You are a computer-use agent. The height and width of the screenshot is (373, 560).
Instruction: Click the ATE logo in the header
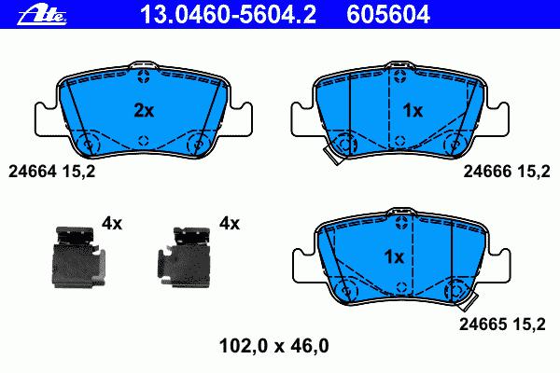pyautogui.click(x=42, y=15)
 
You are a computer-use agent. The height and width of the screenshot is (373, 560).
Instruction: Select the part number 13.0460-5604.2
pyautogui.click(x=228, y=15)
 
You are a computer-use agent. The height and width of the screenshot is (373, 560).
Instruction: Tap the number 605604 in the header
pyautogui.click(x=388, y=15)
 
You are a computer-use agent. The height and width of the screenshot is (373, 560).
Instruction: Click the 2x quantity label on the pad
pyautogui.click(x=144, y=111)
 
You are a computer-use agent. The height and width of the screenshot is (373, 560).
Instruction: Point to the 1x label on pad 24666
pyautogui.click(x=413, y=111)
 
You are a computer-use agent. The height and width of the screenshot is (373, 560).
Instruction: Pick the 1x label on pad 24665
pyautogui.click(x=394, y=256)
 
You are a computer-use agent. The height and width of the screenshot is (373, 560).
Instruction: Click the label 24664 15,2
pyautogui.click(x=51, y=172)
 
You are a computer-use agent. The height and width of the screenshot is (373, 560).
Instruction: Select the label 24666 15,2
pyautogui.click(x=507, y=172)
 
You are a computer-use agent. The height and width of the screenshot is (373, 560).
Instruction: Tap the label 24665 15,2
pyautogui.click(x=502, y=325)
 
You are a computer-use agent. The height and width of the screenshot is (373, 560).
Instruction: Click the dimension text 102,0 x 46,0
pyautogui.click(x=273, y=346)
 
